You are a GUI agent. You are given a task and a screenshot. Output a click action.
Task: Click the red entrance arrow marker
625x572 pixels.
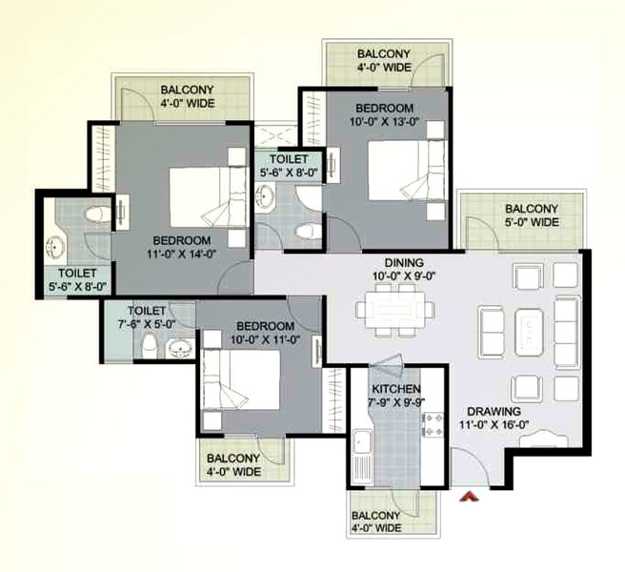(469, 496)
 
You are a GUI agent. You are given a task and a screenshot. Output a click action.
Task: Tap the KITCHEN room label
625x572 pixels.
(395, 389)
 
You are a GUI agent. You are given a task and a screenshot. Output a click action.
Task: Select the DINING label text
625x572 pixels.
(404, 263)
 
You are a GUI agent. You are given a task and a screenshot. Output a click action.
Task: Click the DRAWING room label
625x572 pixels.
(494, 411)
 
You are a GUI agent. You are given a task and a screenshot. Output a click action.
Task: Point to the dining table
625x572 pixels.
(395, 310)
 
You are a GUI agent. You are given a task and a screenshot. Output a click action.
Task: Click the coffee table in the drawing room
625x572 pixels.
(529, 333)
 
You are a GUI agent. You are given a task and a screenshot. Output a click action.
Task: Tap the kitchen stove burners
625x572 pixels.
(433, 424)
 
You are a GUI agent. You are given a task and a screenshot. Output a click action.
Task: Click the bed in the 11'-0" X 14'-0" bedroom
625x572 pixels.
(208, 197)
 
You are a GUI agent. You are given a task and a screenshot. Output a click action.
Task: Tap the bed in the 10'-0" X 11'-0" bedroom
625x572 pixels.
(241, 379)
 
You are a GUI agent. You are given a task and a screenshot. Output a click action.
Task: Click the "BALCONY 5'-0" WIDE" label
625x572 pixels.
(532, 215)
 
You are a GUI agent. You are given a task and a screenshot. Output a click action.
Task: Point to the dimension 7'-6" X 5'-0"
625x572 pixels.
(147, 324)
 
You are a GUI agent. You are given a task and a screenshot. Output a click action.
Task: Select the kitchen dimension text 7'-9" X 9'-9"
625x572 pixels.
(396, 401)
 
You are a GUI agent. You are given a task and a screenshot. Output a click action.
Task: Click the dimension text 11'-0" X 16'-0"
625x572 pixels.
(494, 425)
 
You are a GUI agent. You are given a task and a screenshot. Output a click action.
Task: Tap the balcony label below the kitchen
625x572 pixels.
(376, 521)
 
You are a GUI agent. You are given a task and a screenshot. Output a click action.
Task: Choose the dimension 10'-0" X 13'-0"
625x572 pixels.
(385, 122)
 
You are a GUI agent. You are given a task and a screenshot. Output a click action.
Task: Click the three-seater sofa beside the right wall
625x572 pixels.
(566, 332)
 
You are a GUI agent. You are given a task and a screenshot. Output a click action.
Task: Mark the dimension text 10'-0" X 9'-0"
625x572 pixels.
(403, 276)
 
